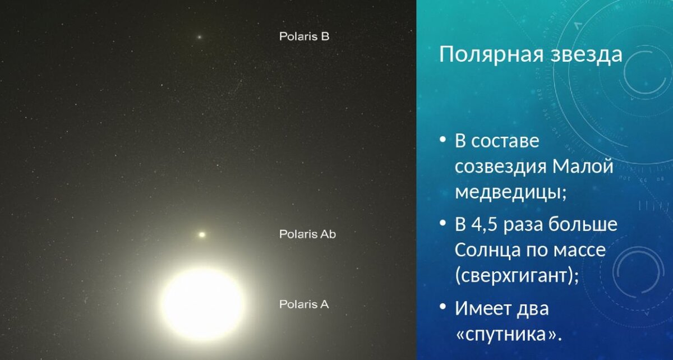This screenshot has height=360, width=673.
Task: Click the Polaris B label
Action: coord(304,37)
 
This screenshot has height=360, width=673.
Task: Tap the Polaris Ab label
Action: coord(307,234)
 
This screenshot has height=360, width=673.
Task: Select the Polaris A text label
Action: coord(304,304)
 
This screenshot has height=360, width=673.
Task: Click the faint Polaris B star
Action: coord(199,38)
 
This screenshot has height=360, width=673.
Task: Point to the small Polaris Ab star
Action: coord(202,234)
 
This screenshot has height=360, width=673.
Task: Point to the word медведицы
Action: coord(510,192)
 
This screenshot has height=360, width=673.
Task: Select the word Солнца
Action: coord(486,250)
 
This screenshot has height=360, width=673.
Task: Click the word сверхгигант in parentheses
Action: coord(516,275)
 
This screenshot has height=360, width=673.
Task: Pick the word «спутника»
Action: coord(508,333)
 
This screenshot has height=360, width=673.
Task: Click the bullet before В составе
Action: coord(442,140)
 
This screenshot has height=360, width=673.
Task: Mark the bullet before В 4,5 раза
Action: coord(442,224)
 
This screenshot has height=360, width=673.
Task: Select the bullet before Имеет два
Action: coord(442,307)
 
